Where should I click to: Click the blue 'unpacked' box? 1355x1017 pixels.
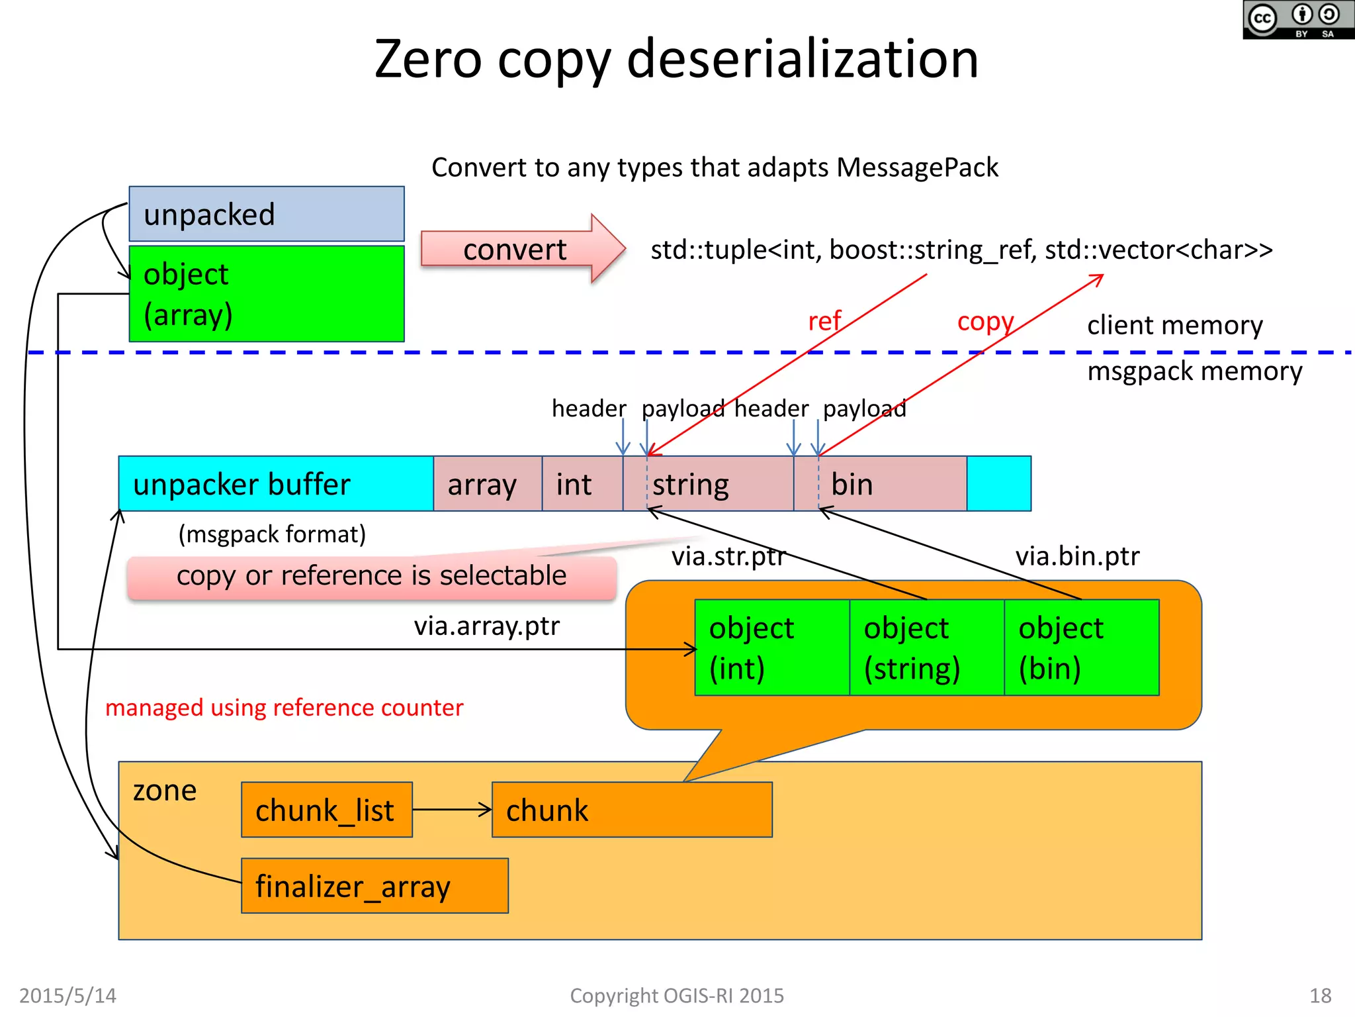point(266,214)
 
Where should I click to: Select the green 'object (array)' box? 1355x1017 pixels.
point(266,293)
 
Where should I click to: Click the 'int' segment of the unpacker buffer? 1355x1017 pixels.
point(582,484)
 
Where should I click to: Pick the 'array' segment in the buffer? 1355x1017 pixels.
point(487,484)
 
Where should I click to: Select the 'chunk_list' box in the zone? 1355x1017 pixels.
point(326,810)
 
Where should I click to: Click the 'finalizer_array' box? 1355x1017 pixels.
point(374,886)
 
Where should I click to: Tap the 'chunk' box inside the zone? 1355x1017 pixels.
point(632,810)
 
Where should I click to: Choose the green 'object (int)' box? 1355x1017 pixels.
point(771,648)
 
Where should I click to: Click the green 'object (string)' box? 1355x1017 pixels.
point(926,648)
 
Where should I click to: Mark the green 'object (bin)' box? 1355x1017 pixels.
point(1081,648)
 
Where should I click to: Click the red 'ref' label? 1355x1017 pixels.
point(824,321)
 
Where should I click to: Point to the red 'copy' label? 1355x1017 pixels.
point(985,322)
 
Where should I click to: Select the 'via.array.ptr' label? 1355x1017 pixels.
point(486,626)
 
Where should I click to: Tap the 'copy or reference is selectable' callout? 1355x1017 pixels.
point(371,576)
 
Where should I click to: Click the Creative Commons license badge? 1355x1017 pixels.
point(1298,20)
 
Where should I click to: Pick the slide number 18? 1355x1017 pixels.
point(1320,996)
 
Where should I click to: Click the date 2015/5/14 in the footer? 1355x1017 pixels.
point(67,996)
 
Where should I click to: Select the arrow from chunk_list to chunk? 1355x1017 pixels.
point(452,809)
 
